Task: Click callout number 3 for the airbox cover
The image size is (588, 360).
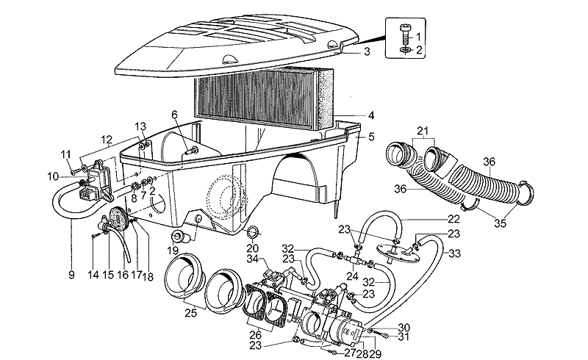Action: click(367, 51)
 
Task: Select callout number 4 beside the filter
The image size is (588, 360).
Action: click(371, 115)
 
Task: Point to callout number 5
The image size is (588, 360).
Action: click(371, 136)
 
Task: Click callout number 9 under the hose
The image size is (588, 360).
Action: click(71, 276)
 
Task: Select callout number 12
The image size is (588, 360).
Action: click(107, 139)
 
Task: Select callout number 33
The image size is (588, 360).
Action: click(455, 253)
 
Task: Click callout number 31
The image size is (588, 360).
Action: click(403, 337)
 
